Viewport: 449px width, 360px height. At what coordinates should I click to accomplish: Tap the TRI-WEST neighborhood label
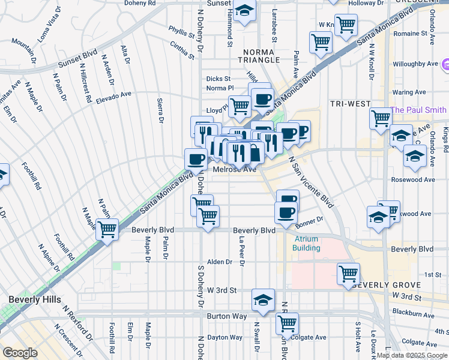(350, 104)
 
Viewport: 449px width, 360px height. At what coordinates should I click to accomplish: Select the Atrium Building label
(306, 243)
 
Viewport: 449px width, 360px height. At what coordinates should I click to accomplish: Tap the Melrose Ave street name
(235, 170)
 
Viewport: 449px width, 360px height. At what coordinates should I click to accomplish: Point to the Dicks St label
(218, 79)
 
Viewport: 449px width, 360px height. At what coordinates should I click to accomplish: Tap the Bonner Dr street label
(309, 221)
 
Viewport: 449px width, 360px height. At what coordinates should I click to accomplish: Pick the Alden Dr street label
(219, 262)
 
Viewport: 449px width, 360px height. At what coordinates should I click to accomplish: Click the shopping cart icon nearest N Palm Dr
(107, 229)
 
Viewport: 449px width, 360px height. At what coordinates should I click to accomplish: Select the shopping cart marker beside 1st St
(348, 273)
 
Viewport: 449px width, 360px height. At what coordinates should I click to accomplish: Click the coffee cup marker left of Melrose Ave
(196, 159)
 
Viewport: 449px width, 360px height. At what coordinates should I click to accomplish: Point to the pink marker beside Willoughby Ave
(445, 64)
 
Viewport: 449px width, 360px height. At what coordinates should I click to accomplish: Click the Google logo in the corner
(20, 353)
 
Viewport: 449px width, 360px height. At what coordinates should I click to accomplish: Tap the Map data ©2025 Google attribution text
(412, 356)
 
